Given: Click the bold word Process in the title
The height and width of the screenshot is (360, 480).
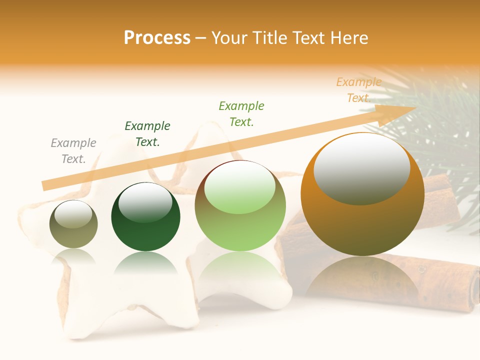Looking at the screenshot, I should (157, 38).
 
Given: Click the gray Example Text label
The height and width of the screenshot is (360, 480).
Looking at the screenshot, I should (73, 151).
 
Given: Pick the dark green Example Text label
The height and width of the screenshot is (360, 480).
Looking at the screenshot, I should (147, 134).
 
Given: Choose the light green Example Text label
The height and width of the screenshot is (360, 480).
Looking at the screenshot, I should (241, 114).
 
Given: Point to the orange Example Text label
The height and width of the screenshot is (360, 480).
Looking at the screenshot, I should (358, 90).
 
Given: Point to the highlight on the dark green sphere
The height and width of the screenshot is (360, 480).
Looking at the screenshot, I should (145, 202).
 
